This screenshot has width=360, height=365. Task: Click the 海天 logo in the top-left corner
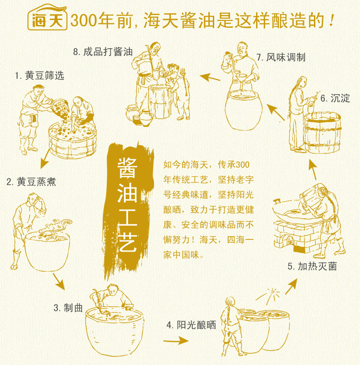point(47,18)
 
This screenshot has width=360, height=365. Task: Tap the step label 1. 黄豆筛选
point(40,76)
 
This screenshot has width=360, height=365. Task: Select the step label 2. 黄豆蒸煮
point(31,182)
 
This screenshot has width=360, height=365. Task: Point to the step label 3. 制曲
point(68,308)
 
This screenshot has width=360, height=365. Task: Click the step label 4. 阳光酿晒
point(191,325)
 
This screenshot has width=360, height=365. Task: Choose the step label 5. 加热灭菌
point(312,266)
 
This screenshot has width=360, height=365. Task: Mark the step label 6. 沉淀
point(335,98)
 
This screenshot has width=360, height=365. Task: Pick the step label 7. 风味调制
point(281,57)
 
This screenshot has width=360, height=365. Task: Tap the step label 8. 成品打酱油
point(103,52)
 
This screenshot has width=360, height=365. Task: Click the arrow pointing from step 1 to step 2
point(45,159)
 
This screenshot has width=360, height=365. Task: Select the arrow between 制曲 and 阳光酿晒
point(176,341)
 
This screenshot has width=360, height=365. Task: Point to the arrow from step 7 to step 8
point(210,77)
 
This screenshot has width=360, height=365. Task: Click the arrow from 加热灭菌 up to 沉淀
point(313,169)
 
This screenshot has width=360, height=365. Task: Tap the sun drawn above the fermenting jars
point(270,295)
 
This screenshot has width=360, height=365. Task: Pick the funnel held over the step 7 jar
point(241,78)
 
